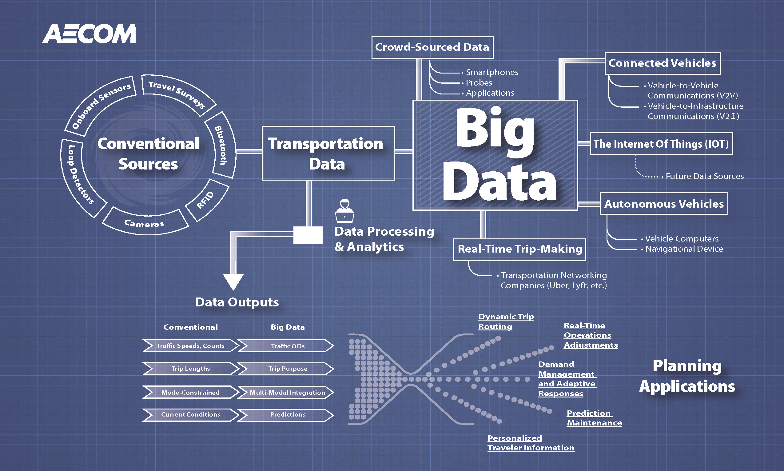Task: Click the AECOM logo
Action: pos(89,34)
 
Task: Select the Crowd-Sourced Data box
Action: pos(432,47)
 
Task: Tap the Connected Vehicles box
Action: pos(662,63)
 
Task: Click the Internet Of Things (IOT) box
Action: pos(661,144)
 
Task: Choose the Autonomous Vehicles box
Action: pos(664,204)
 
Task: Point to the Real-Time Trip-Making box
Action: pos(519,249)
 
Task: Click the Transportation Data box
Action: pos(328,153)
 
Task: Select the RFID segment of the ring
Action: pos(205,200)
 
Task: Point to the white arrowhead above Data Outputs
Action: pos(233,281)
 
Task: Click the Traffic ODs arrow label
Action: pos(288,346)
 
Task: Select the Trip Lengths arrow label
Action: pos(190,369)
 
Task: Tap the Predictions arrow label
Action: pos(288,414)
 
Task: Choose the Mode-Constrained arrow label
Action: pos(190,393)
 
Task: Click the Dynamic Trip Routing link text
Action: pos(506,321)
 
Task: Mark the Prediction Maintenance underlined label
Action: pos(594,418)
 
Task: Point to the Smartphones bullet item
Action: pos(492,72)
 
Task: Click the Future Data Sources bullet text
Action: pos(704,176)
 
